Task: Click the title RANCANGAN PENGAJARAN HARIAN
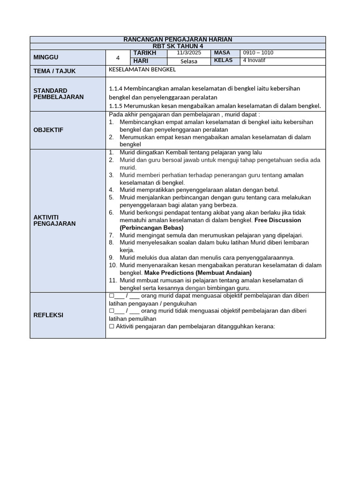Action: click(x=178, y=39)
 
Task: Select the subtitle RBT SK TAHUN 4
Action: click(x=178, y=46)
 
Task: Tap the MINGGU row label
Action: click(x=45, y=57)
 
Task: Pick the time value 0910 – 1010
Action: click(x=258, y=53)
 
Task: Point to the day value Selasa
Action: click(x=189, y=61)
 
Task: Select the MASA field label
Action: click(x=223, y=53)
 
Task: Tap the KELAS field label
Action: click(x=223, y=60)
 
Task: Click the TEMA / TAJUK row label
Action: click(x=54, y=71)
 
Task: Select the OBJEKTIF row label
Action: click(x=48, y=130)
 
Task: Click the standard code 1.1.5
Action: click(x=116, y=106)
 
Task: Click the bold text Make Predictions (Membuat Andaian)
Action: click(x=198, y=273)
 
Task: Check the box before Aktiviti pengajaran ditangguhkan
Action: click(x=111, y=327)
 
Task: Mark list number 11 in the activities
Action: click(x=112, y=280)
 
